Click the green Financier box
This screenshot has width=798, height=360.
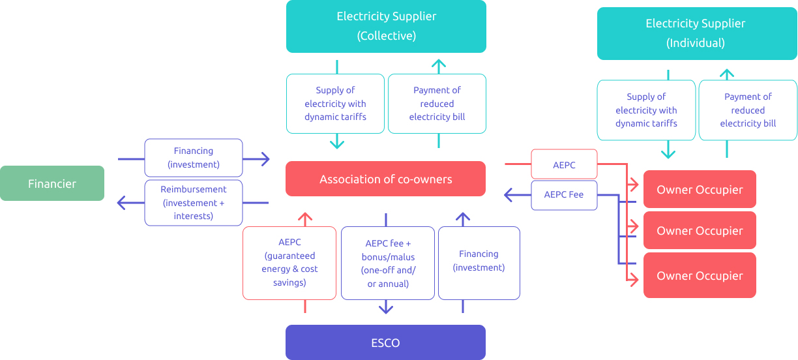[x=52, y=183]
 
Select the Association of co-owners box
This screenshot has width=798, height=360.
[x=385, y=179]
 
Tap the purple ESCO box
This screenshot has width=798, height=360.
[x=385, y=342]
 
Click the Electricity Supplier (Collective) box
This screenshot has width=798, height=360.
[x=386, y=26]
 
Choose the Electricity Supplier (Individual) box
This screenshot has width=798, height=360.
[x=695, y=33]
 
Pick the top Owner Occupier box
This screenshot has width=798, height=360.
[x=700, y=190]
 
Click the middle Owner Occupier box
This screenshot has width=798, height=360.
[x=700, y=230]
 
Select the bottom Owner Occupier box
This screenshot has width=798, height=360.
[x=700, y=275]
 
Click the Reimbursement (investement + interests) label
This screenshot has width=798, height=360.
[x=193, y=203]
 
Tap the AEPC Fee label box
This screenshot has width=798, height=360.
[x=564, y=195]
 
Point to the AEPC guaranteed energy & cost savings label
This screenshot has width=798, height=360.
[x=289, y=263]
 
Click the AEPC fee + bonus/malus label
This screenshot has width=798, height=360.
[x=387, y=263]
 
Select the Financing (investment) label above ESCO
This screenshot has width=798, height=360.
[x=479, y=261]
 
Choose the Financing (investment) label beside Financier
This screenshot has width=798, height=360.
[x=193, y=158]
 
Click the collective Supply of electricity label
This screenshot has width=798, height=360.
[x=335, y=104]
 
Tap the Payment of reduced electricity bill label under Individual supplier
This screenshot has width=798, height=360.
[x=748, y=110]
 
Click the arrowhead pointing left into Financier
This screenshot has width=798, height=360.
[x=122, y=203]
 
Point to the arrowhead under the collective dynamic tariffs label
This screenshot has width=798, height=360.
[x=336, y=142]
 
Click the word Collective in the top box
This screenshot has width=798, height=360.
[x=386, y=36]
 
